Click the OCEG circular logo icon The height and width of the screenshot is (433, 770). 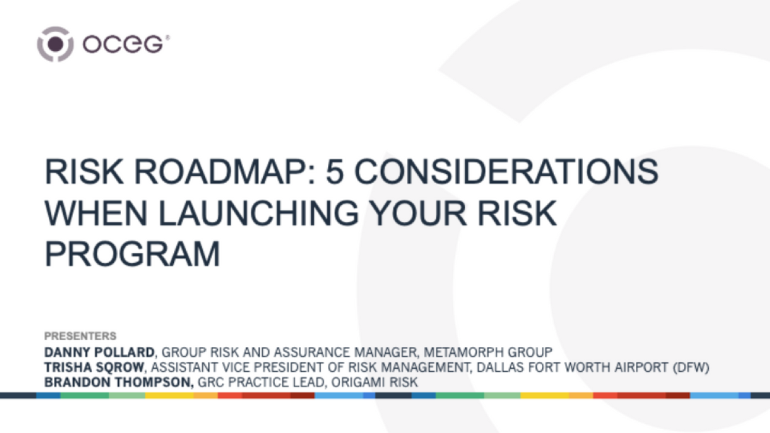click(x=55, y=44)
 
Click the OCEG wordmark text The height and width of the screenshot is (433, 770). click(x=124, y=45)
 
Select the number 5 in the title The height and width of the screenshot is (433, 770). click(x=335, y=173)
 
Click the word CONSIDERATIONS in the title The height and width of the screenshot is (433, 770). click(x=506, y=173)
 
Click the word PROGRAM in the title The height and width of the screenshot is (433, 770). click(x=132, y=254)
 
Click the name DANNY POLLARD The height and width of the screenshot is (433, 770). click(x=99, y=352)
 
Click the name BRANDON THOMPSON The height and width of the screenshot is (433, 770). click(x=119, y=382)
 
